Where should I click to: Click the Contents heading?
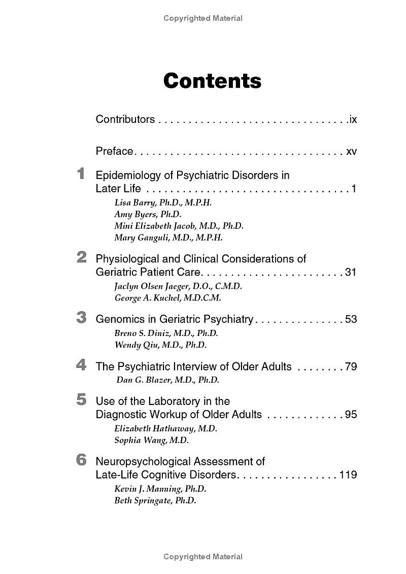coord(212,81)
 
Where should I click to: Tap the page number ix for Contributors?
coord(353,119)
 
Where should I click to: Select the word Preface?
coord(114,151)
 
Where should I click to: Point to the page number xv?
coord(351,151)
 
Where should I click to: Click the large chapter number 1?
coord(81,174)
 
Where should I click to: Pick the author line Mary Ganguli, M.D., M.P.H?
coord(168,238)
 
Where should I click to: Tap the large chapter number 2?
coord(81,257)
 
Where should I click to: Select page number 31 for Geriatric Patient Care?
coord(351,272)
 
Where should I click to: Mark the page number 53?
coord(351,319)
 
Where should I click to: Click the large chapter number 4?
coord(81,365)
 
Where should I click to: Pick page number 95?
coord(351,415)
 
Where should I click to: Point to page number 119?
coord(348,475)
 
